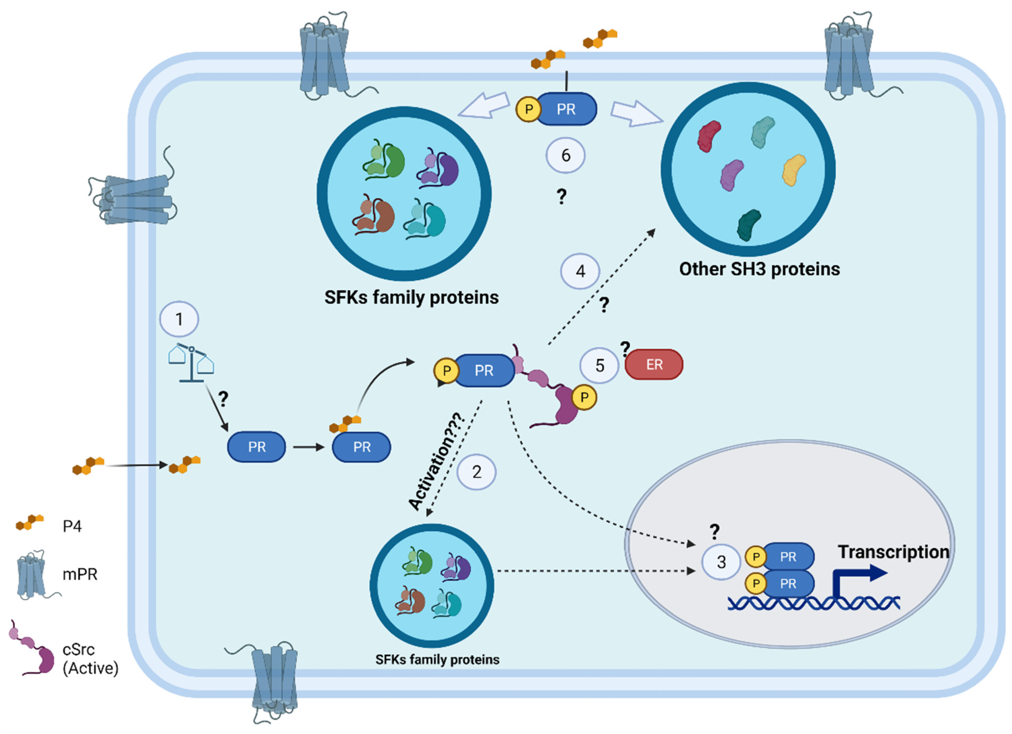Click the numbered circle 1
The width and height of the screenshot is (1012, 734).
[179, 319]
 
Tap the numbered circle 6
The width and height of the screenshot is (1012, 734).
[565, 155]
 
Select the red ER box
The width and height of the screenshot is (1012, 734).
[654, 365]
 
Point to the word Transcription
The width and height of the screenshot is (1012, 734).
[893, 552]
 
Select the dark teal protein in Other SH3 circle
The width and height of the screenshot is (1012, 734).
[749, 225]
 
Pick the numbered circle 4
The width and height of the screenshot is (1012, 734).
[580, 271]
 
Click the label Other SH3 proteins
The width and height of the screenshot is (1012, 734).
[760, 269]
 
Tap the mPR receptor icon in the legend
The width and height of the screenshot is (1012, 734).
[33, 574]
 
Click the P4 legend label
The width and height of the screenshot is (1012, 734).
[72, 526]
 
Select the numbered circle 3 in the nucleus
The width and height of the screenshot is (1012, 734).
[721, 562]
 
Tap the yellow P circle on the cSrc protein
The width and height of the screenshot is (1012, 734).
[584, 397]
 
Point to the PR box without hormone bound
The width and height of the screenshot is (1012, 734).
[257, 447]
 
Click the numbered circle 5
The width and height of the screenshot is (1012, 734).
[599, 365]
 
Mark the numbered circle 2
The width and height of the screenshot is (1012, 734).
[477, 472]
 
